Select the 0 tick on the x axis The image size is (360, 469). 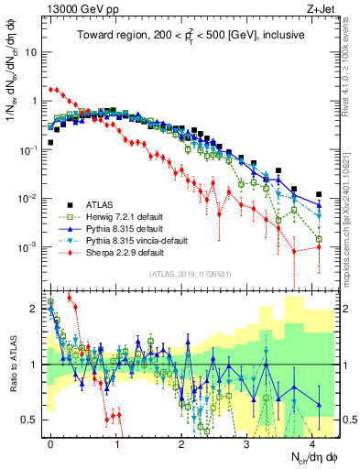tap(50, 441)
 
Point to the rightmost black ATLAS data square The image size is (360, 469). tap(318, 194)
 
